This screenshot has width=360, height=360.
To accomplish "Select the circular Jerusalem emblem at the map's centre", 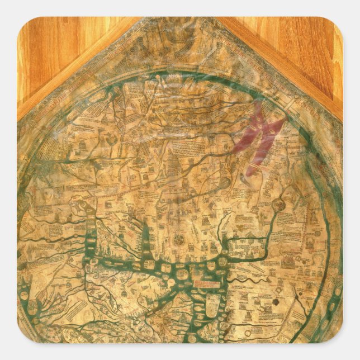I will (179, 240).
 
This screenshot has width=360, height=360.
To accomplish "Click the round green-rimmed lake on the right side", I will (279, 205).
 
